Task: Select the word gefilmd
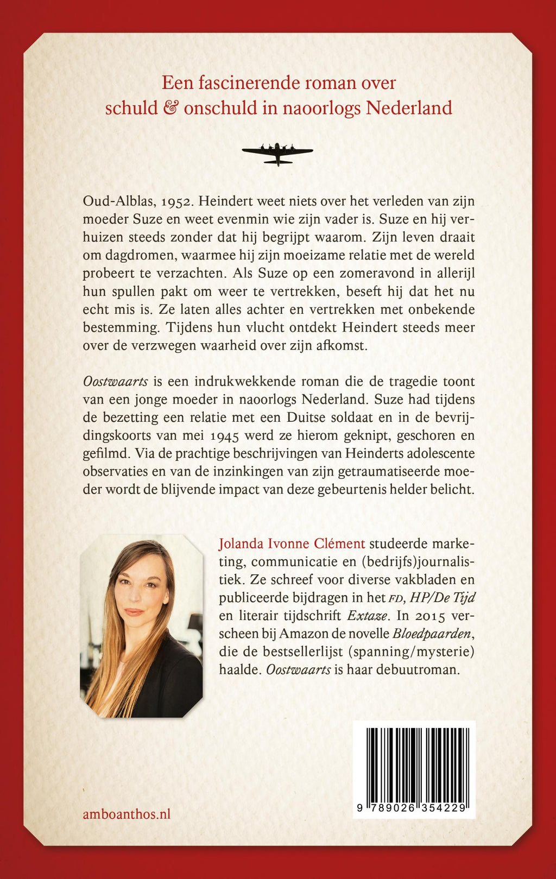tap(105, 453)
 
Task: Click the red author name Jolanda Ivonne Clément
tap(292, 543)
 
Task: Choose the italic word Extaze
tap(368, 616)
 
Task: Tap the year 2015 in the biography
tap(429, 616)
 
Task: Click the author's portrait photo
tap(141, 625)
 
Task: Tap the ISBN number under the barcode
tap(414, 808)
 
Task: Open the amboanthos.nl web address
tap(127, 814)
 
